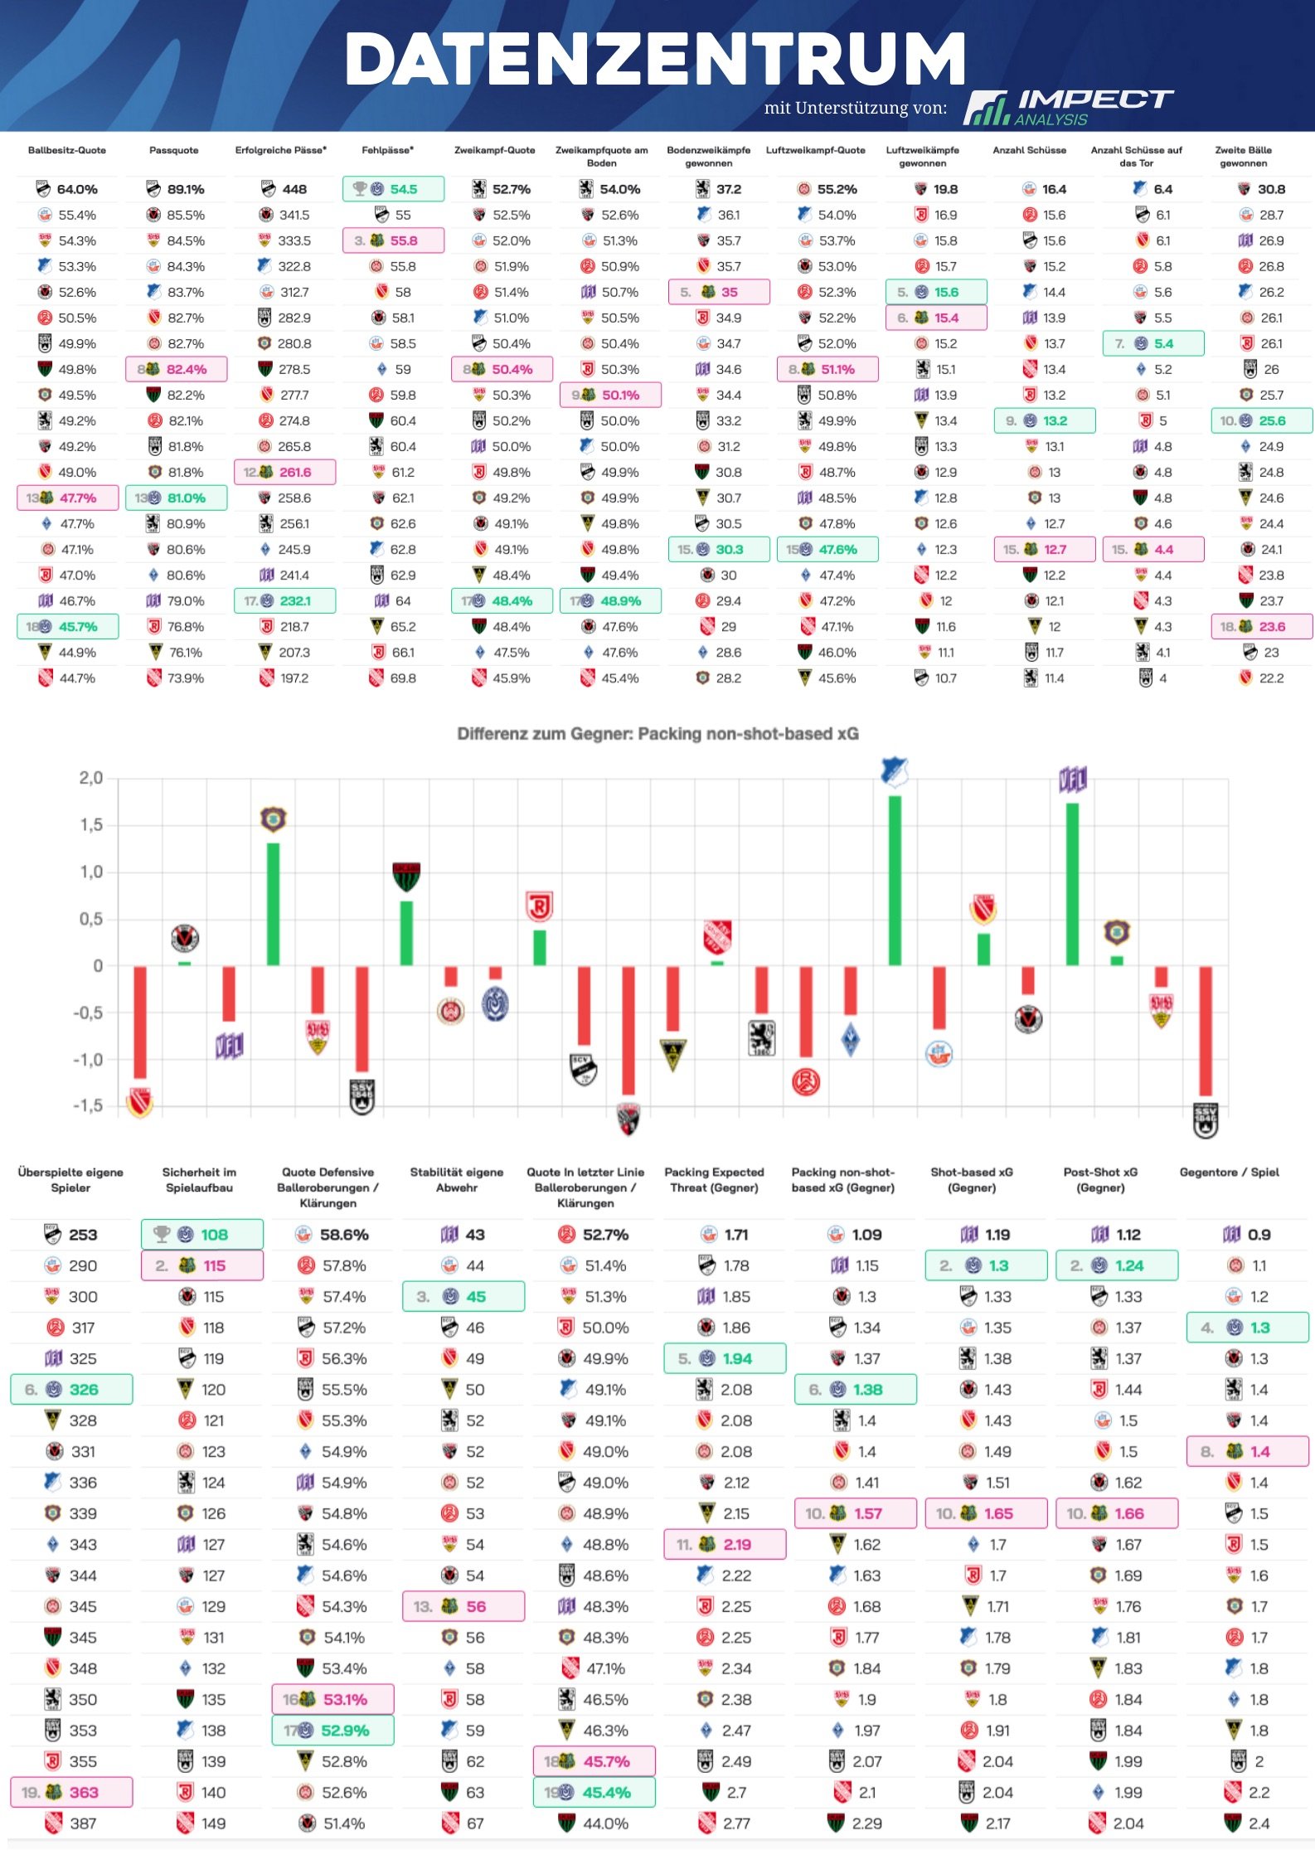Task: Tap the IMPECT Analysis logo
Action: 1068,108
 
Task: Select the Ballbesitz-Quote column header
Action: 67,150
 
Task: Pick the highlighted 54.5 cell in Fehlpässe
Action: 394,189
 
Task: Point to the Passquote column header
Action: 174,150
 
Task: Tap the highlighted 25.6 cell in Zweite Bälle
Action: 1262,420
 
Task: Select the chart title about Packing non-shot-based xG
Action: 657,733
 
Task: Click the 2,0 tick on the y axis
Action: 91,778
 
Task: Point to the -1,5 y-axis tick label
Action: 88,1105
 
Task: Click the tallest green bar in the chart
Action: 895,880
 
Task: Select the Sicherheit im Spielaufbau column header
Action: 199,1179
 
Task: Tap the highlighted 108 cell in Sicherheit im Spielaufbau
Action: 203,1234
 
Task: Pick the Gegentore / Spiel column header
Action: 1229,1172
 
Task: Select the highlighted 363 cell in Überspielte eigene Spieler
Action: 72,1792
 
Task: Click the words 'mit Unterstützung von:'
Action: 855,108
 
